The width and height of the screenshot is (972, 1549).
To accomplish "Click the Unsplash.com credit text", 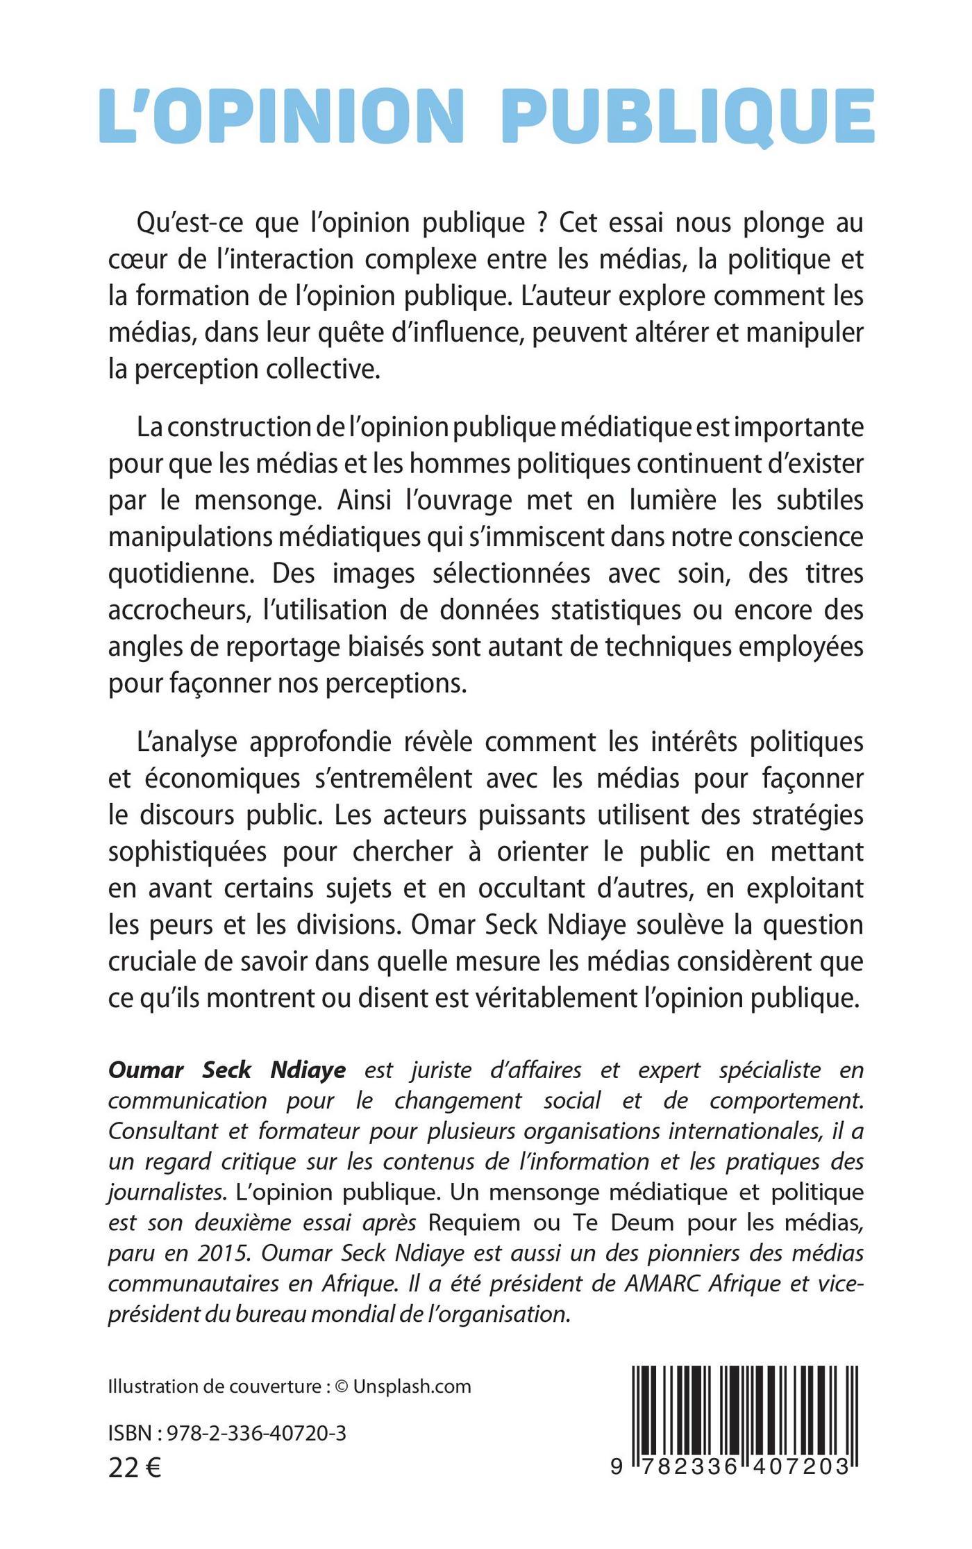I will point(412,1425).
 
